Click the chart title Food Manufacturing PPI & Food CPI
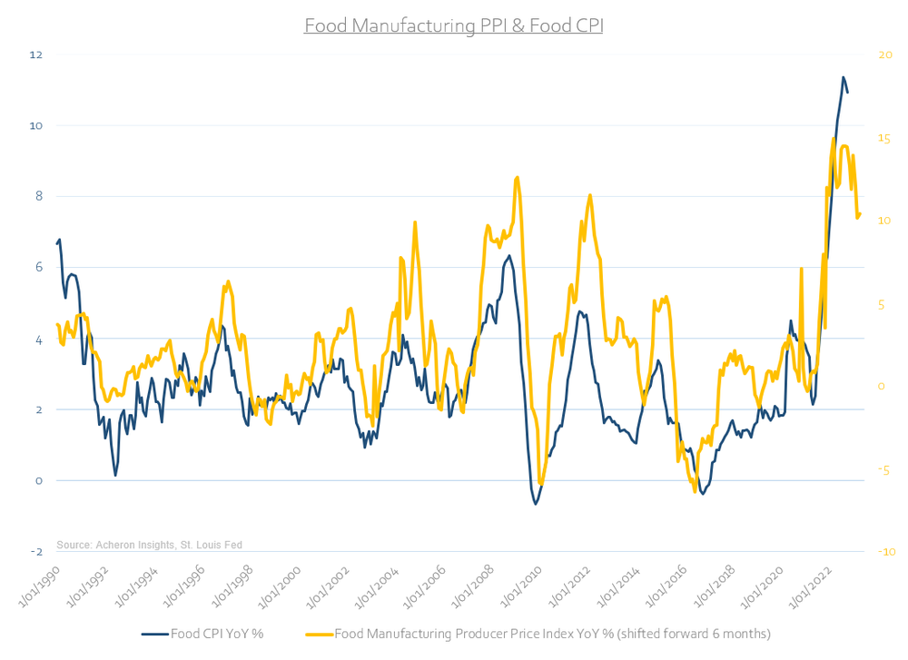click(453, 25)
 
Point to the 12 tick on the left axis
click(62, 54)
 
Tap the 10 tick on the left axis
click(62, 125)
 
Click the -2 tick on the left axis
click(62, 552)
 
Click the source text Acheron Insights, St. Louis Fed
click(149, 545)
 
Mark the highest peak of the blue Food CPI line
click(843, 77)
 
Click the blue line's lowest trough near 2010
click(536, 504)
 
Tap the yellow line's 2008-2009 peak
click(517, 177)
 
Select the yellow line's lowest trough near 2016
click(696, 492)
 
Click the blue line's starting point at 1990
click(57, 242)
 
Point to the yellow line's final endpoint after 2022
click(860, 214)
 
